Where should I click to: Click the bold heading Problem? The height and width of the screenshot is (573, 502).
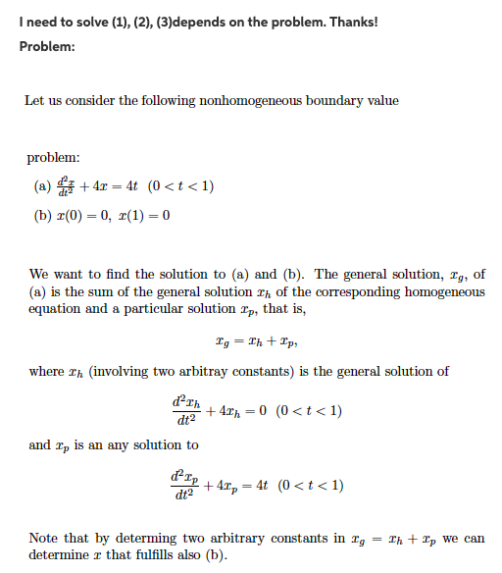(48, 46)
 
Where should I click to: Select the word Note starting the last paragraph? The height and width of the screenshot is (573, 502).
(44, 539)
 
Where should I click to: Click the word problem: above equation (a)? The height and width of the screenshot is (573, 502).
(53, 157)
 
